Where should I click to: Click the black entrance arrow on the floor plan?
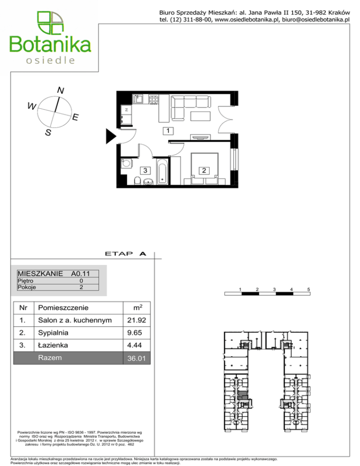tap(111, 136)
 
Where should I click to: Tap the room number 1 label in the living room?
tap(168, 131)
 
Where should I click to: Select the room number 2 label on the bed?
tap(204, 171)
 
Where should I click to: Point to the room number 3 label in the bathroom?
tap(145, 171)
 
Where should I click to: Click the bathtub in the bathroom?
tap(162, 172)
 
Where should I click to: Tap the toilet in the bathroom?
tap(137, 180)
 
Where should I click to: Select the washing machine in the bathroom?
tap(127, 163)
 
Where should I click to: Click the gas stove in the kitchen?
tap(154, 99)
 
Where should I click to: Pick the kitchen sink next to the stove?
tap(138, 99)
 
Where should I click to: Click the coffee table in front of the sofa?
tap(201, 116)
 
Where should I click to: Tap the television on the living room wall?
tap(200, 137)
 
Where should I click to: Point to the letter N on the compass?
tap(60, 90)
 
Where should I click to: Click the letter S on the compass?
tap(48, 132)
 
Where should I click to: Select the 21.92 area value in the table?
tap(136, 320)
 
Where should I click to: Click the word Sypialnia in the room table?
tap(53, 333)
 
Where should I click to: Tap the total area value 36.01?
tap(136, 359)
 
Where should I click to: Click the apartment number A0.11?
tap(80, 273)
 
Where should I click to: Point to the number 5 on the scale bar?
tap(308, 289)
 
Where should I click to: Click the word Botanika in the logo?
tap(50, 45)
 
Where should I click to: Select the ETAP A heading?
tap(126, 254)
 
